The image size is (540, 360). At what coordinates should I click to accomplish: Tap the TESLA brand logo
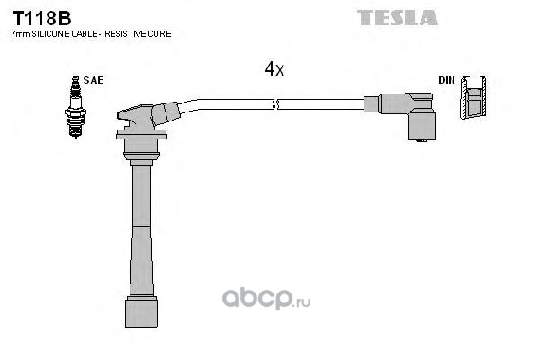[397, 16]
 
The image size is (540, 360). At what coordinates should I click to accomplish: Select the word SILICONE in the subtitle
[48, 33]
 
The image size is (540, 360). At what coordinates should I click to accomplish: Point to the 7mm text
[19, 33]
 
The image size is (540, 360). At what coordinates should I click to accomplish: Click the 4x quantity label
[274, 69]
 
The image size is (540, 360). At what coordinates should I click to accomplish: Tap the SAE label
[93, 80]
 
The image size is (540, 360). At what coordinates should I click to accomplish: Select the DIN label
[446, 80]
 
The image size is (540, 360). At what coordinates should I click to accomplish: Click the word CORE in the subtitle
[161, 33]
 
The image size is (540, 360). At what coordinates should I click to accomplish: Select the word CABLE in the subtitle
[84, 33]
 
